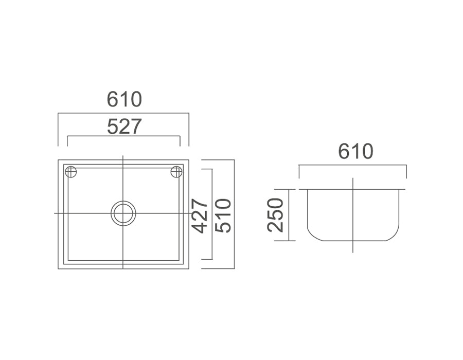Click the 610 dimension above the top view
[124, 99]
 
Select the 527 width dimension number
[124, 126]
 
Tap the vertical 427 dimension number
[200, 215]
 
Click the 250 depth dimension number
[276, 215]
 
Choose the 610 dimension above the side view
[355, 152]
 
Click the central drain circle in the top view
[123, 213]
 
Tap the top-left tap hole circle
[71, 172]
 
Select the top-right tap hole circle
[176, 172]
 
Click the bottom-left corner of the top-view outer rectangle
[59, 268]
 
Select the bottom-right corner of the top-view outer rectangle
[189, 268]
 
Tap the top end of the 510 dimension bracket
[202, 160]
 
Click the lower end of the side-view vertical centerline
[353, 251]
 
